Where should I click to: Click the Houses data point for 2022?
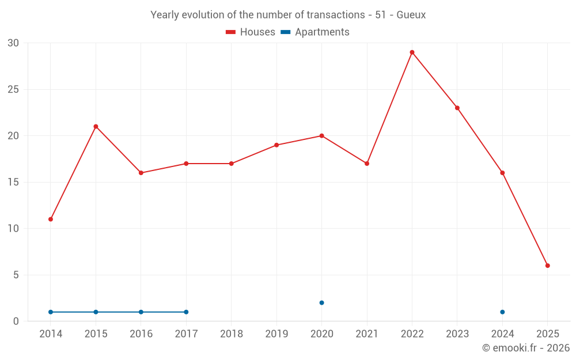(412, 52)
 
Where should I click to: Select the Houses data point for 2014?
(51, 219)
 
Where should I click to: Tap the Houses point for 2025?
(547, 266)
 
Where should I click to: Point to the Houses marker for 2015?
(96, 127)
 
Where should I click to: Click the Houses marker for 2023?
(457, 108)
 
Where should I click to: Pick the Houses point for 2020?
(321, 136)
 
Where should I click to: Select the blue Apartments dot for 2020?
(321, 303)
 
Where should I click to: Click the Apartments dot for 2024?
(502, 312)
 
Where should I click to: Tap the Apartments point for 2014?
(51, 312)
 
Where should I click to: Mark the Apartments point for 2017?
(186, 312)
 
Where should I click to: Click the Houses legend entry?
(251, 32)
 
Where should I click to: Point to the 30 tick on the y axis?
(13, 43)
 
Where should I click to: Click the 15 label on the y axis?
(13, 183)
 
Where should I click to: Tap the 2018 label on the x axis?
(231, 334)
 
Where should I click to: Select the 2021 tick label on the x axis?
(367, 334)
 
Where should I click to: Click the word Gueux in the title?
(411, 15)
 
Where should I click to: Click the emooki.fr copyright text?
(525, 348)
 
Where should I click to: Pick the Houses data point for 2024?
(502, 173)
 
